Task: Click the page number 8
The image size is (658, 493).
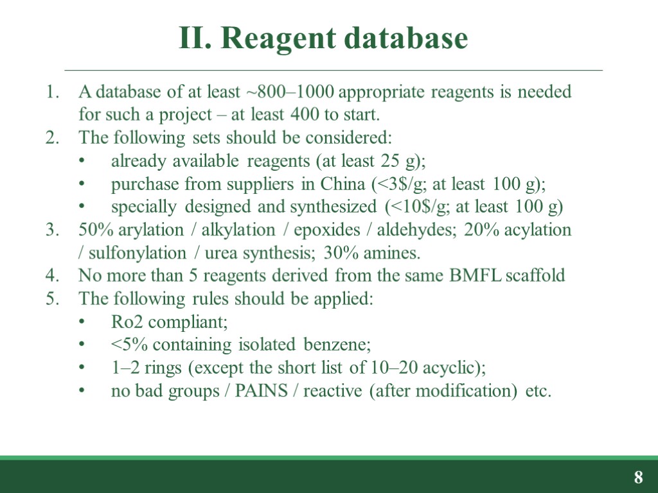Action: tap(638, 478)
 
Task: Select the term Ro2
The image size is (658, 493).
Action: tap(126, 322)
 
